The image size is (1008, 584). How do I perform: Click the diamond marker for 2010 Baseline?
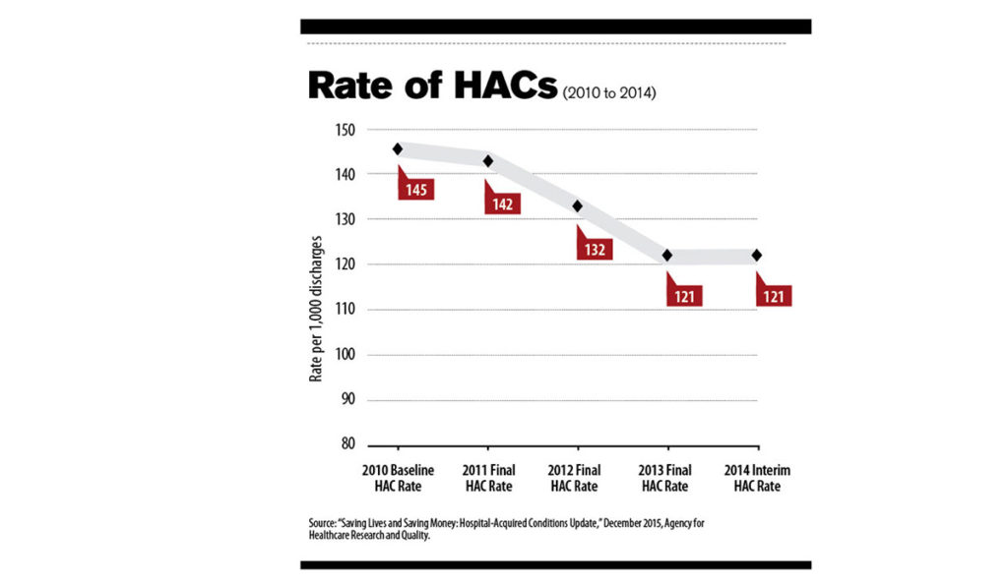(398, 149)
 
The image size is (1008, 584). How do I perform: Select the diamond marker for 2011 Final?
(487, 160)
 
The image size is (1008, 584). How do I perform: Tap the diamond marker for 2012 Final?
(578, 206)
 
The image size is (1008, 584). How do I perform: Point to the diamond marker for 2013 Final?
(667, 256)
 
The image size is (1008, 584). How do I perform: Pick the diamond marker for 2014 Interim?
(757, 256)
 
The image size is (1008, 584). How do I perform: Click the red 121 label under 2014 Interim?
(775, 295)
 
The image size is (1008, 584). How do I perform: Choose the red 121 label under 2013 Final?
(685, 295)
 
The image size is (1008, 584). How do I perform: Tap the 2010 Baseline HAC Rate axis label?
(398, 478)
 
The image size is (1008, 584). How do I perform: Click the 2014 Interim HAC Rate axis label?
(757, 478)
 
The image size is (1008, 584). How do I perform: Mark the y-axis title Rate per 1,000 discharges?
(316, 309)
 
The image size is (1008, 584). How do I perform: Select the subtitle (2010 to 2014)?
(609, 93)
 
